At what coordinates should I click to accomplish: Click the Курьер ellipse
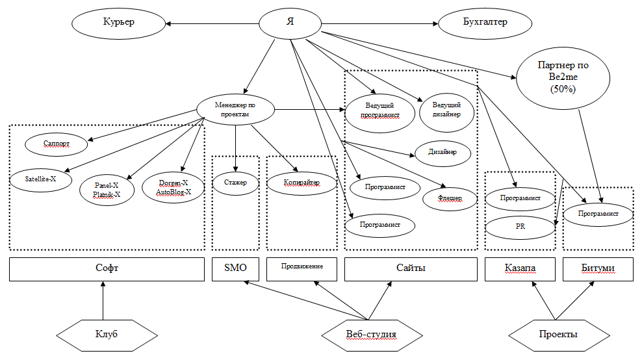coord(118,23)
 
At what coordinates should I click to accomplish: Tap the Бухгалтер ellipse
coord(481,23)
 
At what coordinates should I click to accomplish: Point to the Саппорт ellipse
coord(56,144)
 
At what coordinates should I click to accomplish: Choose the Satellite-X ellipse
coord(41,178)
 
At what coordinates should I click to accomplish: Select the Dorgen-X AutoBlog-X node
coord(173,187)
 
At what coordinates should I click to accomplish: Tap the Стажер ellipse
coord(236,183)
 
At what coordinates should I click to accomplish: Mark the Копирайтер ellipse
coord(302,183)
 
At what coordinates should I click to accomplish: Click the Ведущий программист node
coord(379,109)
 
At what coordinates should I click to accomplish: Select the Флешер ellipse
coord(451,198)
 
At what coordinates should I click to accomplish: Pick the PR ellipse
coord(520,227)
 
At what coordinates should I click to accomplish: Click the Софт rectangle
coord(107,268)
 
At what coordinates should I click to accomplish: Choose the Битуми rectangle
coord(597,268)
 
